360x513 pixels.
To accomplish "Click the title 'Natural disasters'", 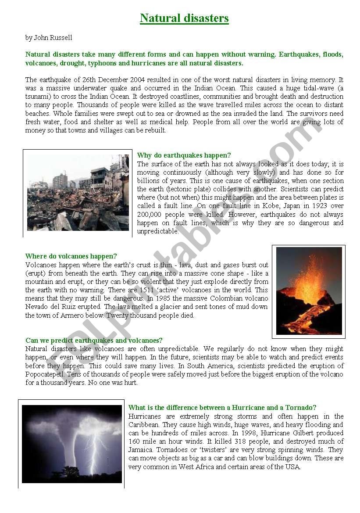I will tap(184, 18).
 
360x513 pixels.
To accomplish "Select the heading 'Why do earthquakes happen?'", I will tap(184, 155).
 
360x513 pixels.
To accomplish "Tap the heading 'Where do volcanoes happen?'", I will tap(71, 256).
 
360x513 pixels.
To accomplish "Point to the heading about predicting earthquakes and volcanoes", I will tap(94, 340).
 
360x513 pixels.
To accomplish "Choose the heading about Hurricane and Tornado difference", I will tap(222, 408).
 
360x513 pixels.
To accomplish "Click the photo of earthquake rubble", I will tap(78, 193).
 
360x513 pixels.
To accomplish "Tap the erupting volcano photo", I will tap(309, 291).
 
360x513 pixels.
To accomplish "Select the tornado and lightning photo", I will tap(72, 444).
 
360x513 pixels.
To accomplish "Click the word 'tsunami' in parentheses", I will tap(37, 97).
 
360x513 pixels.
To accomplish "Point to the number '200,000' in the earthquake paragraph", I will tap(151, 215).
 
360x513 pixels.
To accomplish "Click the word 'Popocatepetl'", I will tap(43, 374).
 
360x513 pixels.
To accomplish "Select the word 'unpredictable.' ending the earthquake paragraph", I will tap(157, 231).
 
